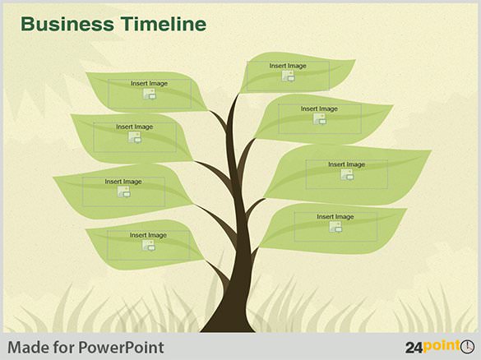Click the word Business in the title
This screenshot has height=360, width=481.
pyautogui.click(x=67, y=24)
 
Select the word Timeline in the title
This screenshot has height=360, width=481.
pyautogui.click(x=163, y=24)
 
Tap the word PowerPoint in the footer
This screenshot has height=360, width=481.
pyautogui.click(x=121, y=348)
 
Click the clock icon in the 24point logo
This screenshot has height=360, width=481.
pyautogui.click(x=467, y=346)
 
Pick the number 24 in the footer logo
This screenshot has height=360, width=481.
pyautogui.click(x=414, y=348)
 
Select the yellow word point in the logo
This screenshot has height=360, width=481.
pyautogui.click(x=441, y=347)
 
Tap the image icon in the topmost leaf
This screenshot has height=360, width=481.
pyautogui.click(x=289, y=76)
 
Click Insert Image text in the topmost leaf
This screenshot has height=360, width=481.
pyautogui.click(x=288, y=66)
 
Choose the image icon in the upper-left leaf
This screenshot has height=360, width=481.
pyautogui.click(x=150, y=94)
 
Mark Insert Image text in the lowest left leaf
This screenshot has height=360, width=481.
pyautogui.click(x=148, y=235)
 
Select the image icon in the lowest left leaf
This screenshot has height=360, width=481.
pyautogui.click(x=149, y=245)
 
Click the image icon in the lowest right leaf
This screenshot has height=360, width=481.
pyautogui.click(x=335, y=227)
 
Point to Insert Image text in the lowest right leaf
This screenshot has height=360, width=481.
pyautogui.click(x=335, y=216)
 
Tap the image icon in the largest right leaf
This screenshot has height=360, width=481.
pyautogui.click(x=347, y=174)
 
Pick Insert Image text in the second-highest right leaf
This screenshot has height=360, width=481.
pyautogui.click(x=319, y=108)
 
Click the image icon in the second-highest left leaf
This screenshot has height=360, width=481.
pyautogui.click(x=134, y=137)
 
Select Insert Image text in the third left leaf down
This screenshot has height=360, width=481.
pyautogui.click(x=123, y=182)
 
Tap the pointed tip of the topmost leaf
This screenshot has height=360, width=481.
pyautogui.click(x=355, y=60)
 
